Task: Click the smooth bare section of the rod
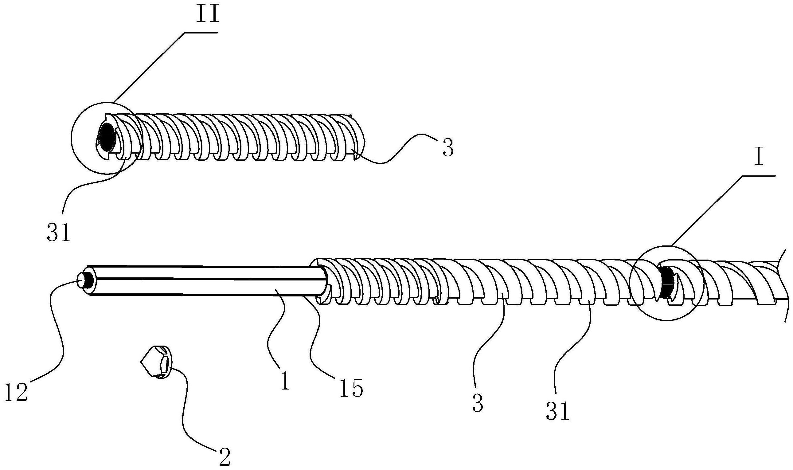tap(206, 280)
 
